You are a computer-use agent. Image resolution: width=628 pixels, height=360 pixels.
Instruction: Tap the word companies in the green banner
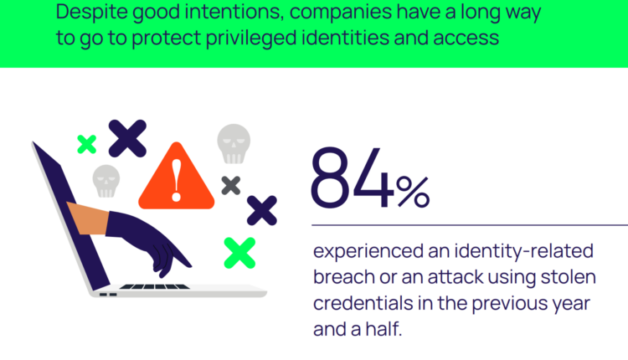341,13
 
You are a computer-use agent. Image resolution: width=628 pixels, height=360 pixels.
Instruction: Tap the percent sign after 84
413,193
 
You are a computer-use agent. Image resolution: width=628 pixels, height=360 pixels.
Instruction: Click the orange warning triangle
176,176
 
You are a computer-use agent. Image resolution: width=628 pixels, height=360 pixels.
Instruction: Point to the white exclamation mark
176,180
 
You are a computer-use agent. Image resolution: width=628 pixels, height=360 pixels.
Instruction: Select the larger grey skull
234,144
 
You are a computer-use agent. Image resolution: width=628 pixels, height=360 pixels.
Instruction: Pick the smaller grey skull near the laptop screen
106,181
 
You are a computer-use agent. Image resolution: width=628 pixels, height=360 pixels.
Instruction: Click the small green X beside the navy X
87,144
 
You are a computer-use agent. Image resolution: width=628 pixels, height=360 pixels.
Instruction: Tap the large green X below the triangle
239,253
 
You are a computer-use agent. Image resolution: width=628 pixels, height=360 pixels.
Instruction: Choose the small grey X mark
231,185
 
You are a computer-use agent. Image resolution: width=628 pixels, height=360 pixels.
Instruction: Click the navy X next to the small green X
127,138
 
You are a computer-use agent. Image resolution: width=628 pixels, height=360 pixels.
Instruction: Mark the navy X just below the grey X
262,210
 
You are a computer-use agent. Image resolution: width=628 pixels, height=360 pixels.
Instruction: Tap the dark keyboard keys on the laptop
155,286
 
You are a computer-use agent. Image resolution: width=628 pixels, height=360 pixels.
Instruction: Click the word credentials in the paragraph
363,303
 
